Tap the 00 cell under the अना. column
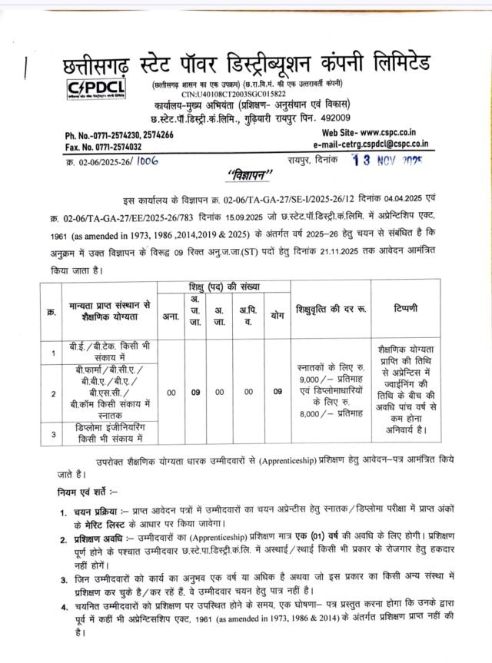click(x=170, y=391)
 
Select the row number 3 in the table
click(x=53, y=435)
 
